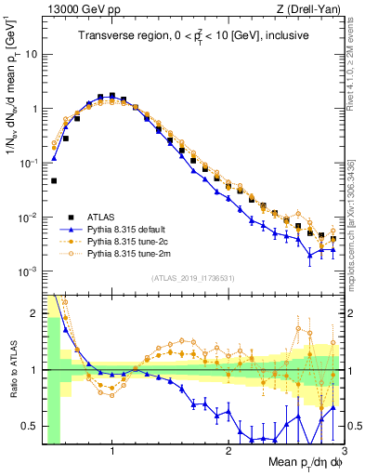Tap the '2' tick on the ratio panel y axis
33,313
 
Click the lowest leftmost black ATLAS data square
54,180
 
